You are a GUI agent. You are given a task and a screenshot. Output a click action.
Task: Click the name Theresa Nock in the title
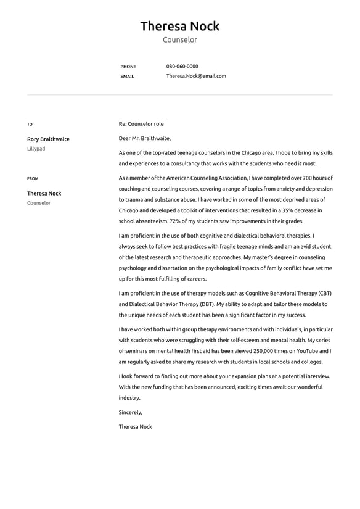point(179,26)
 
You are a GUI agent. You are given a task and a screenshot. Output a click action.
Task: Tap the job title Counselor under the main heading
point(179,40)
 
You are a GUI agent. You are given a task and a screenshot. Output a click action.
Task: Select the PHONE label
point(128,67)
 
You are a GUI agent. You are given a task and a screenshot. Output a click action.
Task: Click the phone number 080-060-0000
point(182,67)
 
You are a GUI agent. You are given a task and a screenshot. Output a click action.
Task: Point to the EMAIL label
point(127,77)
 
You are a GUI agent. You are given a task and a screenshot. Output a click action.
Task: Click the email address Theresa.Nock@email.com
point(196,77)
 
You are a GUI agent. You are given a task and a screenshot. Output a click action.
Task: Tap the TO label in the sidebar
point(30,125)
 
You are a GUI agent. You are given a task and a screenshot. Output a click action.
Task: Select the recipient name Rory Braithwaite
point(48,139)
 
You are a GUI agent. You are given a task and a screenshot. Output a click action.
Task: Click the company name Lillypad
point(36,149)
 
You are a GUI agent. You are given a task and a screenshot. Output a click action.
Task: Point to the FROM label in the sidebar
point(33,179)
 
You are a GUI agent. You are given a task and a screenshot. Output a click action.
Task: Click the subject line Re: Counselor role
point(141,124)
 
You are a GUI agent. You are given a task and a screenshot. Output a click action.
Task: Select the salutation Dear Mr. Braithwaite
point(145,138)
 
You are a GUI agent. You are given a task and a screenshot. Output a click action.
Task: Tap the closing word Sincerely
point(130,412)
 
